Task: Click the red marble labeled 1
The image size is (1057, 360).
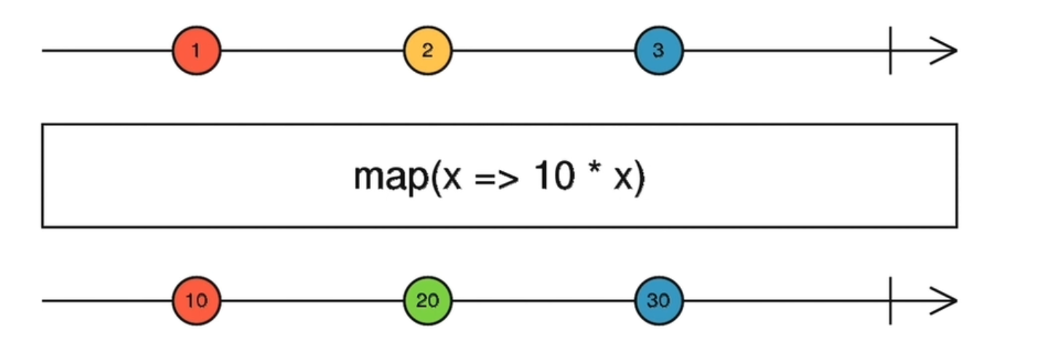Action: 196,51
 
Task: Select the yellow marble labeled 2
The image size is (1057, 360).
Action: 428,51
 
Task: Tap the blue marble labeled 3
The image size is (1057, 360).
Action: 659,51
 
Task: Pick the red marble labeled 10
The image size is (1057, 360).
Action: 196,300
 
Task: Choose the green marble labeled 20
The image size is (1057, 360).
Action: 428,300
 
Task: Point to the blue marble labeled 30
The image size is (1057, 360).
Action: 659,300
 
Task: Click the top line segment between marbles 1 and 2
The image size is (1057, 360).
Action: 312,51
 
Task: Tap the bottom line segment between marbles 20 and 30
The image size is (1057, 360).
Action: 543,300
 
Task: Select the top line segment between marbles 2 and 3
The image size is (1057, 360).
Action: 543,51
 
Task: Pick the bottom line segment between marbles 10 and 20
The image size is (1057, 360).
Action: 312,300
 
